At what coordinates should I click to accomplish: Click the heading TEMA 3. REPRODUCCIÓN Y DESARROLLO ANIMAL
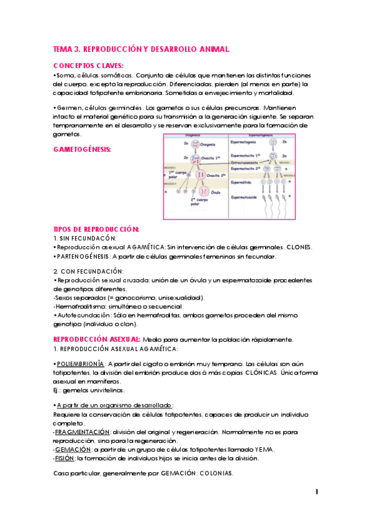tap(142, 48)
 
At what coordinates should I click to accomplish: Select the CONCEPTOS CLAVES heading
tap(88, 65)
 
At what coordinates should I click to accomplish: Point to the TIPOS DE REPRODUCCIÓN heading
tap(96, 229)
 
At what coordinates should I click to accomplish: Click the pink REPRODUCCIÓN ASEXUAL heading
tap(97, 339)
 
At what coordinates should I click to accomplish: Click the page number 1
tap(317, 492)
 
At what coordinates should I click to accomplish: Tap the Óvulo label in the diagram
tap(215, 192)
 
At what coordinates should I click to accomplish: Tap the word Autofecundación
tap(85, 315)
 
